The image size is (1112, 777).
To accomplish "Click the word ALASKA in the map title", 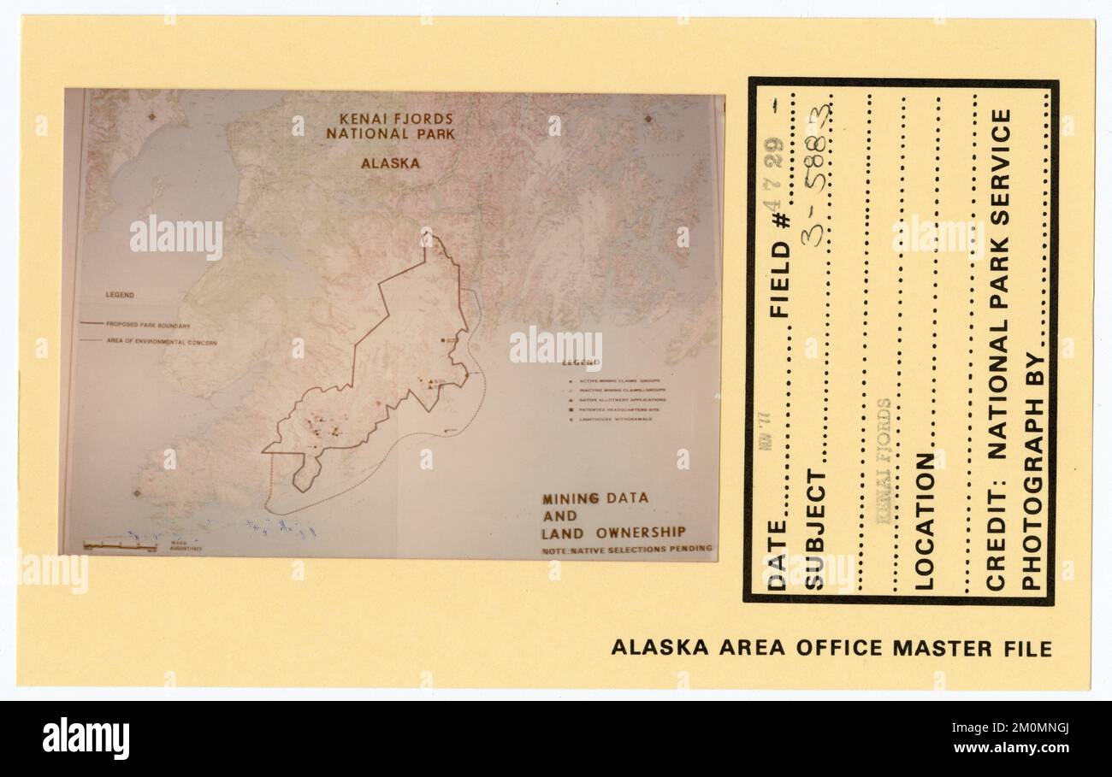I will (390, 163).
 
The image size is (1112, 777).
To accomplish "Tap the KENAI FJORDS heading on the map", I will (396, 119).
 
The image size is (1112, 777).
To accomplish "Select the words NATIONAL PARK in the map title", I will (391, 134).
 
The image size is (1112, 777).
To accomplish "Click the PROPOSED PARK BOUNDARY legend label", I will (148, 325).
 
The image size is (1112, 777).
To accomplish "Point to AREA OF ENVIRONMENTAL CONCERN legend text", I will (162, 342).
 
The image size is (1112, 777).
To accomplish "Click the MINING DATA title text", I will (595, 497).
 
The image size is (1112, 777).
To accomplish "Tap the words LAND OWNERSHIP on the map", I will (613, 533).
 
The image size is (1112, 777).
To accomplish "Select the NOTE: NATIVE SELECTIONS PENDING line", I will (626, 550).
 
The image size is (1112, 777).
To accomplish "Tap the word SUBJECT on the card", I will (815, 529).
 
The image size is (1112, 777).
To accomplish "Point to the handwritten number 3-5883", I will (814, 175).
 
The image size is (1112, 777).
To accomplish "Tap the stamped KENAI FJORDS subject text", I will (883, 460).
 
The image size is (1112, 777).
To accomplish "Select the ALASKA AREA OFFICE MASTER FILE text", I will (831, 648).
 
